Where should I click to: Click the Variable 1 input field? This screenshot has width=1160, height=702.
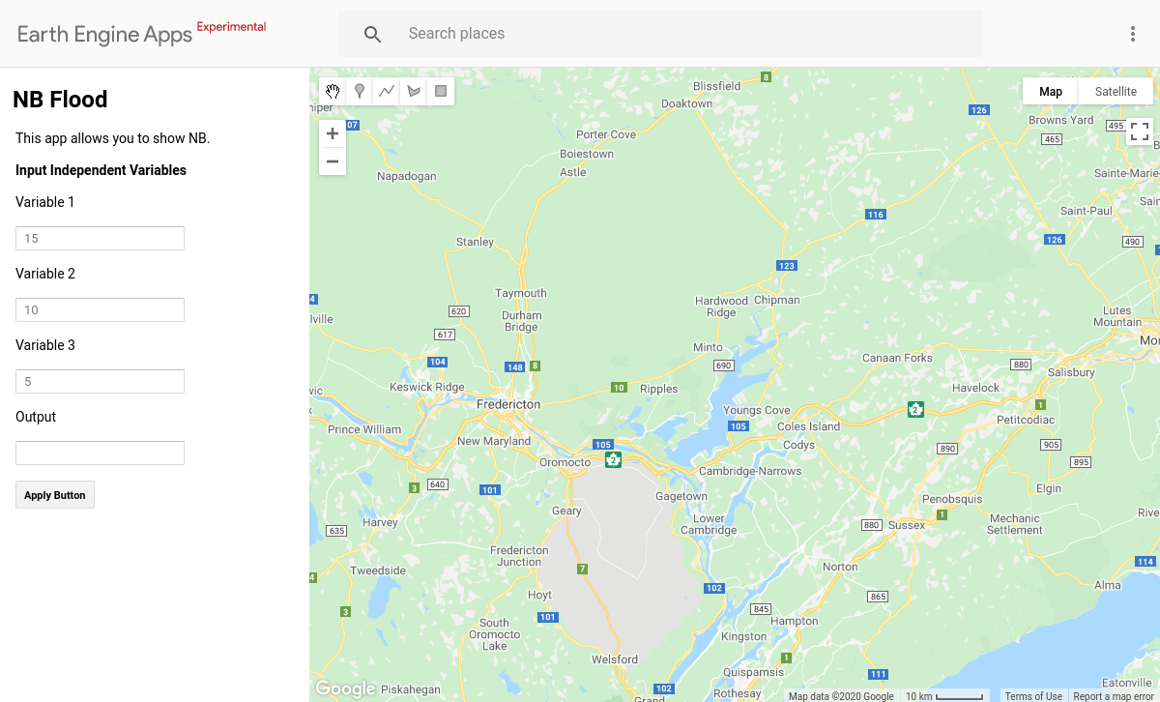100,239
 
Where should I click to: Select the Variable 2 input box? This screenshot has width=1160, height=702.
100,310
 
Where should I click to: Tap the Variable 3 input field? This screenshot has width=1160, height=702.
100,382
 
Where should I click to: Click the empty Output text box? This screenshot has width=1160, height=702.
100,453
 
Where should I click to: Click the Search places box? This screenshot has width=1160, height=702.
677,34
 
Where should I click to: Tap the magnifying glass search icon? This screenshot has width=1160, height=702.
373,34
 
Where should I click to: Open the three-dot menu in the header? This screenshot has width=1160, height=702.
1133,34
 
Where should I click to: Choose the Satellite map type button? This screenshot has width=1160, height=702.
1116,92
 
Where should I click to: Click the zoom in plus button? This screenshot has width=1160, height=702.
333,134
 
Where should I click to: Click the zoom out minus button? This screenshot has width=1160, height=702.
333,161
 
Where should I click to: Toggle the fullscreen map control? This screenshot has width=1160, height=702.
1140,132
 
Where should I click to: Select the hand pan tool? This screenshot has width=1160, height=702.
333,92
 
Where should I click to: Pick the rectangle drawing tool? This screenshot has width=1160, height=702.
441,92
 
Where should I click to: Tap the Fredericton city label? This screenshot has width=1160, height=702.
508,404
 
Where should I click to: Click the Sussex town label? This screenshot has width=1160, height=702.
907,525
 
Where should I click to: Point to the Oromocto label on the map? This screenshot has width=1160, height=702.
565,463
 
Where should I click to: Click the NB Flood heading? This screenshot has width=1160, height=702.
60,100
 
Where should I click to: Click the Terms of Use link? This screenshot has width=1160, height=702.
1033,696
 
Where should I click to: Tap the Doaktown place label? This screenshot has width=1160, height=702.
686,103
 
